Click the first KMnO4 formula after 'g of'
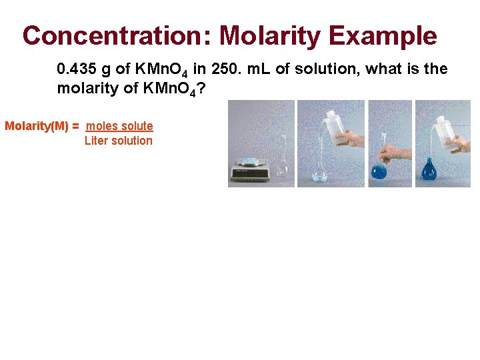coord(159,70)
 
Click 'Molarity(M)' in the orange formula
coord(37,126)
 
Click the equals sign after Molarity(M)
coord(76,126)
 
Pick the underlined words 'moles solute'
coord(120,126)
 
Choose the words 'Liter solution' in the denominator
coord(118,141)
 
